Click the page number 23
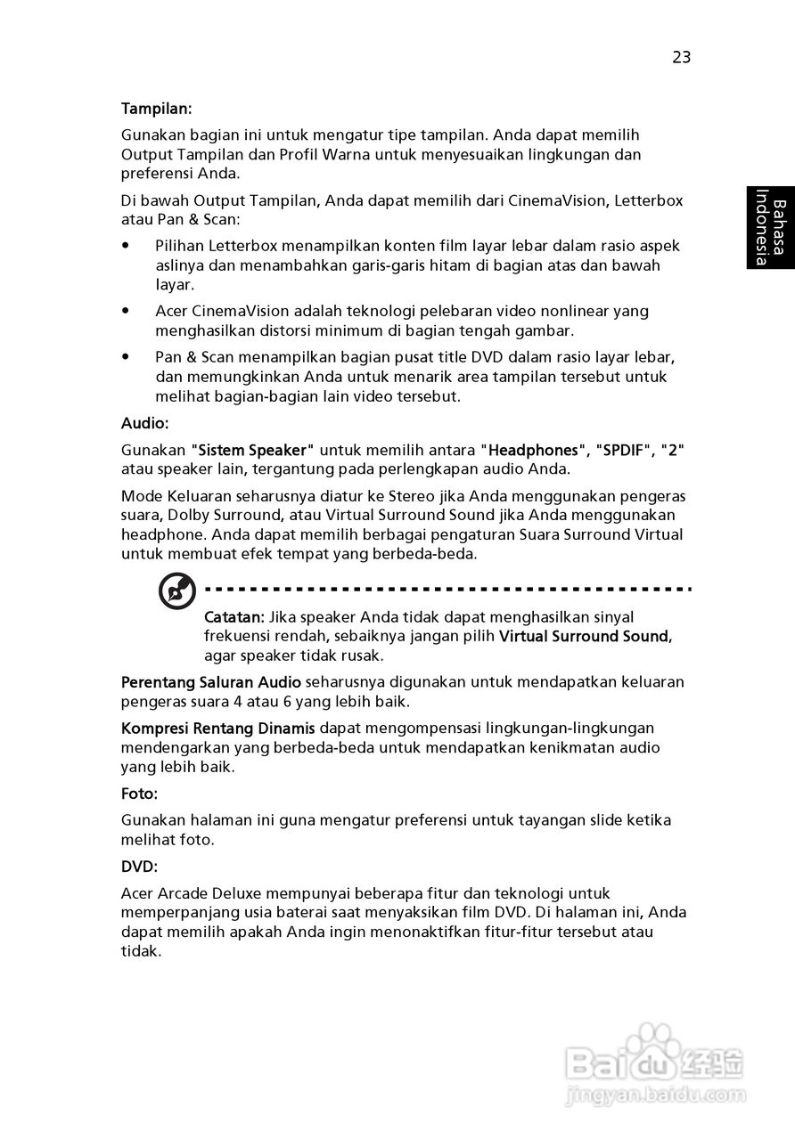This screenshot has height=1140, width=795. [x=681, y=58]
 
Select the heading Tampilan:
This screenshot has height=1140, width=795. [x=157, y=109]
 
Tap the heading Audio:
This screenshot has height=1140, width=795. [x=144, y=424]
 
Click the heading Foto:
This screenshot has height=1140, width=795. [x=139, y=793]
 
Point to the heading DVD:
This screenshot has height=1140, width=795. [x=139, y=866]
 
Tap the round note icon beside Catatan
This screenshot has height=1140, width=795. [x=177, y=591]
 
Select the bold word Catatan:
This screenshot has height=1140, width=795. [x=234, y=617]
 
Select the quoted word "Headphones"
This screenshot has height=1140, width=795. [x=533, y=450]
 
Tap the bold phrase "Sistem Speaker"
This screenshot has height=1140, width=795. [x=253, y=450]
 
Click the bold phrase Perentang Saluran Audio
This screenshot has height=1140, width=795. [x=211, y=682]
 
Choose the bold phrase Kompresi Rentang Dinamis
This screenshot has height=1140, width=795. [x=217, y=729]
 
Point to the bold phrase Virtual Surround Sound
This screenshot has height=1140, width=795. [x=584, y=637]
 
